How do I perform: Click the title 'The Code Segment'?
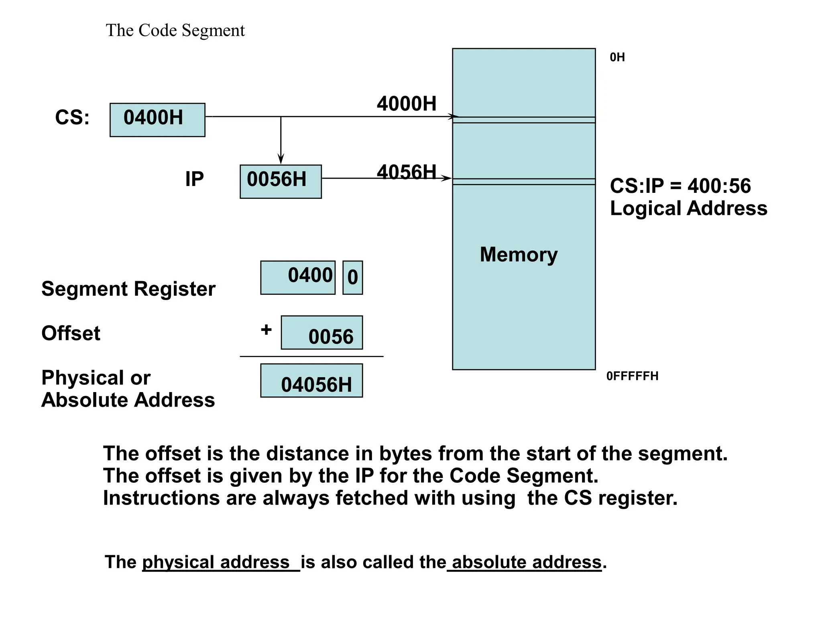[x=175, y=31]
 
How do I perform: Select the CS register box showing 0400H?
[x=157, y=120]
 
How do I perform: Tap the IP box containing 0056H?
[x=281, y=181]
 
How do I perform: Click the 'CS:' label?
[x=72, y=118]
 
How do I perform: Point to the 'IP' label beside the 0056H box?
[x=194, y=179]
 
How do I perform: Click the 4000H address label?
[x=406, y=104]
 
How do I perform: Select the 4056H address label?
[x=406, y=172]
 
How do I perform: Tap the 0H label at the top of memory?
[x=617, y=57]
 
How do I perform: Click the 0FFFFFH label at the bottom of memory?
[x=632, y=376]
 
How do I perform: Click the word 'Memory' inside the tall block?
[x=519, y=255]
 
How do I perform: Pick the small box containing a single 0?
[x=352, y=278]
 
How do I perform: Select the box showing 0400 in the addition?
[x=298, y=278]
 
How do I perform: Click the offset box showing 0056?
[x=321, y=333]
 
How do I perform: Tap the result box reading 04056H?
[x=311, y=381]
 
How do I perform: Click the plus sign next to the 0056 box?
[x=266, y=330]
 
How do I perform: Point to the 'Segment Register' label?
[x=128, y=289]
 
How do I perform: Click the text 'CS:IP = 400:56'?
[x=680, y=186]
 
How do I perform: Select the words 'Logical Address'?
[x=688, y=208]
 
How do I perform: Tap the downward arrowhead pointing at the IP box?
[x=281, y=159]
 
